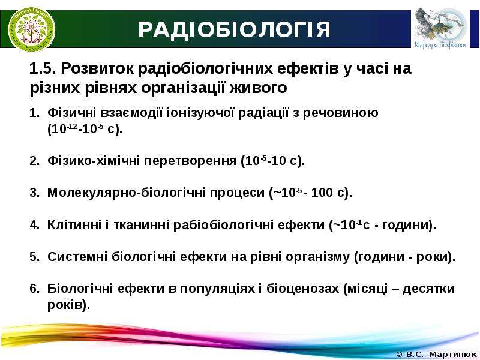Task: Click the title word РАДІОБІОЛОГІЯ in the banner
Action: (x=234, y=29)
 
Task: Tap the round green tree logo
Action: (x=32, y=29)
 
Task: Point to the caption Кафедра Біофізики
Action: (x=440, y=45)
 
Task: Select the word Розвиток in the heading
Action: (x=97, y=68)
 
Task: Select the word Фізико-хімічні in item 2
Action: (x=94, y=161)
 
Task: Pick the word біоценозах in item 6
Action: (x=303, y=289)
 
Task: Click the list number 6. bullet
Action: (x=35, y=289)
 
